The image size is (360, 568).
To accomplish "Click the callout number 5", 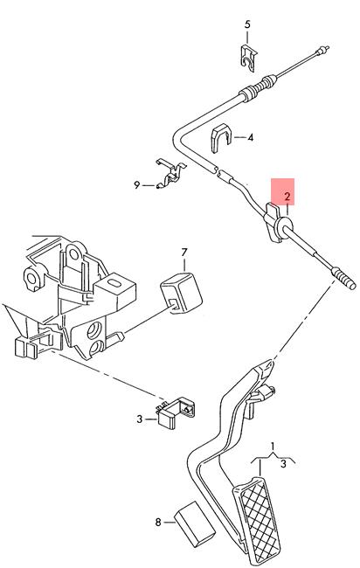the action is coord(247,24).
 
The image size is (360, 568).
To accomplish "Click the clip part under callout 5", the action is coord(249,57).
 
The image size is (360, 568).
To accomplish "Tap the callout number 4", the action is coord(251,137).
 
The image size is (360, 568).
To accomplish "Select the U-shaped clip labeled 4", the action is coord(220,138).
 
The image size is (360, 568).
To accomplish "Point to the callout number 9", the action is coord(136,185).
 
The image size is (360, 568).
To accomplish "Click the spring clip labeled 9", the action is coord(170,174).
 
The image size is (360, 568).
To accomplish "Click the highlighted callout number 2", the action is coord(287,197).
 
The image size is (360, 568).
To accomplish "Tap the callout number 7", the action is coord(184,253).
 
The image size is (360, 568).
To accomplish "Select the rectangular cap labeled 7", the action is coord(181,293).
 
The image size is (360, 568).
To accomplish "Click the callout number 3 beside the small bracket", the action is coord(140,419).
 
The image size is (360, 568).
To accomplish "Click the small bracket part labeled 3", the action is coord(176,412).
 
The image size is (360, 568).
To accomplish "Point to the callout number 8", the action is coord(158,522).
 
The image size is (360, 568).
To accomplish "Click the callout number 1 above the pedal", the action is coord(273,446).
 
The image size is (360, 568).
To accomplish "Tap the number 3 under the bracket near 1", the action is coord(284,463).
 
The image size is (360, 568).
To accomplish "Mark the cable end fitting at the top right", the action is coord(322,50).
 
